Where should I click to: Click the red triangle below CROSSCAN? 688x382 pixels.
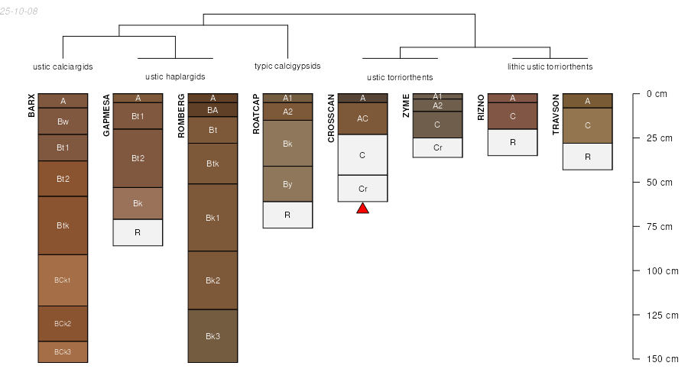click(x=362, y=208)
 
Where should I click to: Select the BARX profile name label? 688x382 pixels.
click(x=32, y=105)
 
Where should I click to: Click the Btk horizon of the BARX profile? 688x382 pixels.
click(x=63, y=225)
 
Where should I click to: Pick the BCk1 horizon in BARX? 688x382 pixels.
click(x=63, y=280)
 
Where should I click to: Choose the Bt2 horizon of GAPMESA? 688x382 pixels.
click(x=138, y=158)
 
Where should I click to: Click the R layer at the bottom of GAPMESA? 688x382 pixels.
click(x=138, y=232)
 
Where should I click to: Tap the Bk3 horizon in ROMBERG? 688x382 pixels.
click(x=213, y=335)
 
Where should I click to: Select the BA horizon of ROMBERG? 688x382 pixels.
click(x=213, y=110)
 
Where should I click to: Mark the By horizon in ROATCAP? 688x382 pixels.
click(x=287, y=184)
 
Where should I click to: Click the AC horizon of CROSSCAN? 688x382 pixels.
click(x=362, y=118)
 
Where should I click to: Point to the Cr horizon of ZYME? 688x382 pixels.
click(x=437, y=147)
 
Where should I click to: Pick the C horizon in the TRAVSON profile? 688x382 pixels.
click(x=587, y=125)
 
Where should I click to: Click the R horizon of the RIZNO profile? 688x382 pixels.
click(x=512, y=142)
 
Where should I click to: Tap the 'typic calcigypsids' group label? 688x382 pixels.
click(x=287, y=66)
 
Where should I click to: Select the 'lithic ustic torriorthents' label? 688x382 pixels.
click(x=550, y=66)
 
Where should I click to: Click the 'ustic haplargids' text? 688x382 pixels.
click(x=175, y=76)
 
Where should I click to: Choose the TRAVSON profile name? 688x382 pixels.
click(x=556, y=111)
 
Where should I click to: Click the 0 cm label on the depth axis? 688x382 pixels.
click(x=657, y=94)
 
